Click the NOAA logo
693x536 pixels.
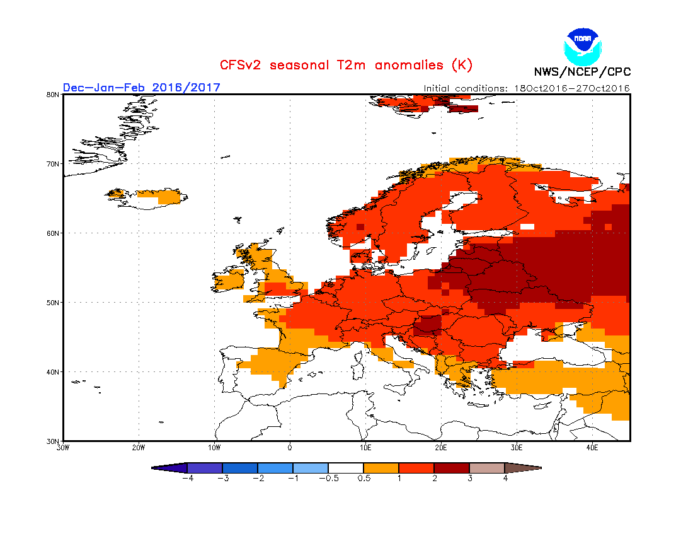[583, 45]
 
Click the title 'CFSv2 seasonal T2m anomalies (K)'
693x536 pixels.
[346, 65]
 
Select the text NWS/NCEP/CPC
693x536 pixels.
[582, 72]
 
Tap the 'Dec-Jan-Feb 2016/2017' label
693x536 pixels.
[142, 87]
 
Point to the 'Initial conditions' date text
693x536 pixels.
[526, 88]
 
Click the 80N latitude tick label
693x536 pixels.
[54, 95]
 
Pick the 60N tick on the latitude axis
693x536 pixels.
[54, 233]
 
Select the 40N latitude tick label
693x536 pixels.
[54, 372]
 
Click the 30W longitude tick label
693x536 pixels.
[63, 448]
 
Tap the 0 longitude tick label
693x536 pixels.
[290, 448]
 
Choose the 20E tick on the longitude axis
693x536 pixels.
[441, 448]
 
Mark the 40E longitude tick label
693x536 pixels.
[592, 448]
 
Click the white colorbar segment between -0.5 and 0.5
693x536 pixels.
[345, 468]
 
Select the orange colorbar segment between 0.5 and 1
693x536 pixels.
[381, 468]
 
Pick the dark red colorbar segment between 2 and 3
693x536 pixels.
[451, 468]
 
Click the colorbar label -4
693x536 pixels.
[186, 479]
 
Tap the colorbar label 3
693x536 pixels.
[469, 479]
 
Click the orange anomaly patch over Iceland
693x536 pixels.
[161, 196]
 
